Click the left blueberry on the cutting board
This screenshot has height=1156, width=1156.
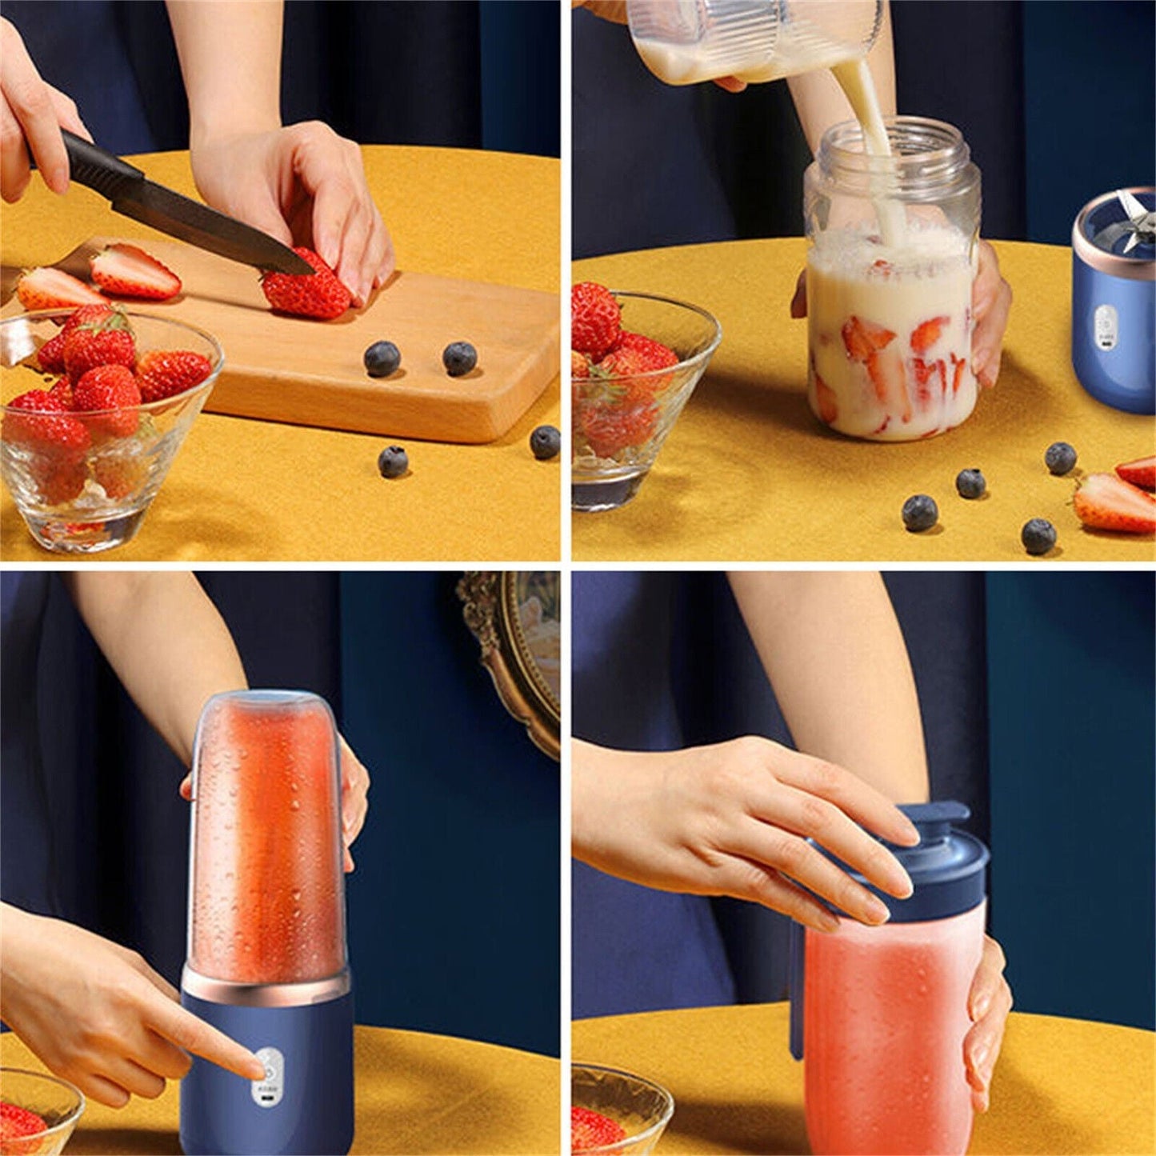point(382,358)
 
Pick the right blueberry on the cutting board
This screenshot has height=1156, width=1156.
point(460,358)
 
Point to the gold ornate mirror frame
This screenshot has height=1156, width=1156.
point(512,656)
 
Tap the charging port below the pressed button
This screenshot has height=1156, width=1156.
point(266,1102)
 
